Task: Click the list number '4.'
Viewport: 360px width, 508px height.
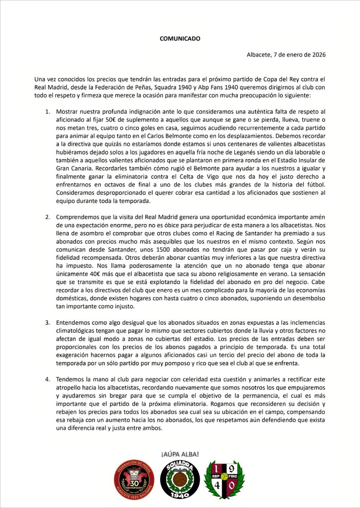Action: pyautogui.click(x=48, y=379)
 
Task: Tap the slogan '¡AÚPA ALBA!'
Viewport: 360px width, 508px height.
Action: pyautogui.click(x=180, y=454)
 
